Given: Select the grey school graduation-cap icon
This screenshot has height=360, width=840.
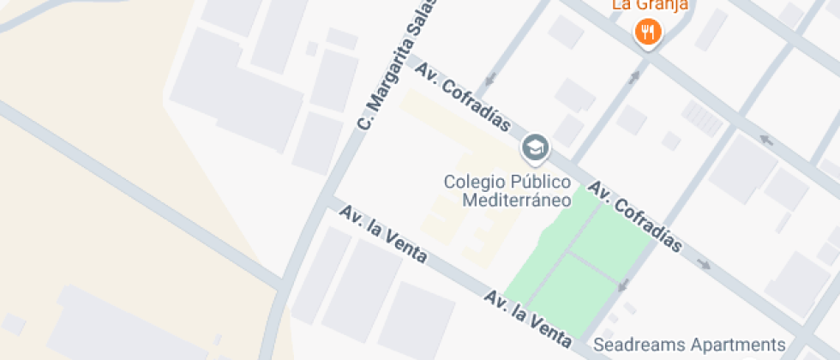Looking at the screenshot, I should coord(536,147).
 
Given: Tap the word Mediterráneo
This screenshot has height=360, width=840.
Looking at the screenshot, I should coord(516,201).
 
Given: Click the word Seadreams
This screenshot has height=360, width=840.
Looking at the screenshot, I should coord(639,345).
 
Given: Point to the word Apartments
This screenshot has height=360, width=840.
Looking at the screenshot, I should coord(737,345).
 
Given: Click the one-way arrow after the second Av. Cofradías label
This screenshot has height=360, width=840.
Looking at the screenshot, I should coord(705,264).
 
